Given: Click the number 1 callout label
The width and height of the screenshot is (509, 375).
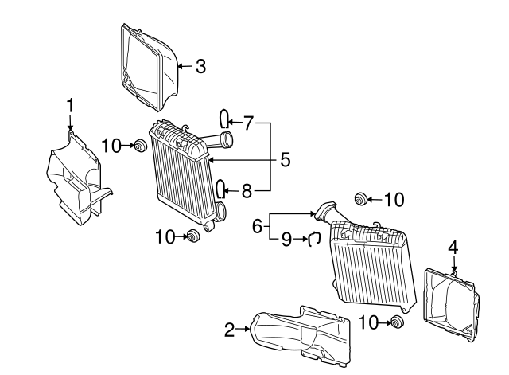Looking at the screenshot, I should (x=70, y=104).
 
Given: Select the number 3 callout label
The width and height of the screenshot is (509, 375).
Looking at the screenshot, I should (x=200, y=66).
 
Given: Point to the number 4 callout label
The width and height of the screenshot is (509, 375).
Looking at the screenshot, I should (x=453, y=248).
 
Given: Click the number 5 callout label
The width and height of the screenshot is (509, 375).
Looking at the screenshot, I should (x=283, y=160).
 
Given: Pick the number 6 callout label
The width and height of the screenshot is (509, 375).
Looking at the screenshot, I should (x=258, y=226).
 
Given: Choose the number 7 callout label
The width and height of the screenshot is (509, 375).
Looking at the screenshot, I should (x=248, y=123).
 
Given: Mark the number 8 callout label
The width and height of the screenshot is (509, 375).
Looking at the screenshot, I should (x=247, y=190).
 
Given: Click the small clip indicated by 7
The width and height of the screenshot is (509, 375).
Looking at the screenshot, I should (x=225, y=119).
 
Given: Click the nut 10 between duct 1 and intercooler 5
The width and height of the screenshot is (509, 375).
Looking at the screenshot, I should (x=139, y=146).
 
